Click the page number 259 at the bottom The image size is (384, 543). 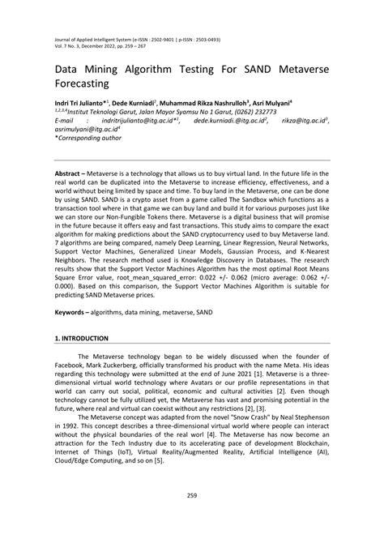(x=192, y=519)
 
